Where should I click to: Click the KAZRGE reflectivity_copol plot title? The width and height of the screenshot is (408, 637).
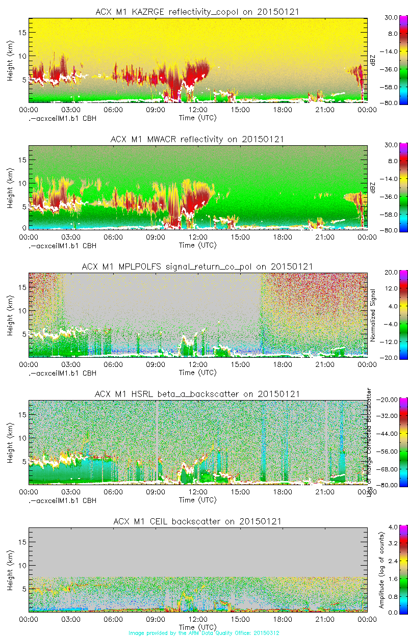coord(197,12)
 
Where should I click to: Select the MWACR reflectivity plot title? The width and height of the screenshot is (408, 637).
coord(197,139)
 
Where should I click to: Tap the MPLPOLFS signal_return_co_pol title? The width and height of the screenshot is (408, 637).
coord(197,267)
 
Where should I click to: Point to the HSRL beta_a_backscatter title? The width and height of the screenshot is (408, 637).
coord(197,394)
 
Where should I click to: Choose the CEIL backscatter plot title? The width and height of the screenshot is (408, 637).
coord(197,521)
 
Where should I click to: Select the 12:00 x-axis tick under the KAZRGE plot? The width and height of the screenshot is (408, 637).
coord(198,110)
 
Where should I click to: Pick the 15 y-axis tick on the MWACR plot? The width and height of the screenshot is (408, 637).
coord(22,160)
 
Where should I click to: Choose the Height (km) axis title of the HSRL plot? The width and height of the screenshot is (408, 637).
coord(10,442)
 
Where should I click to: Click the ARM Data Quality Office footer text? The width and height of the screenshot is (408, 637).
coord(204,633)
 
